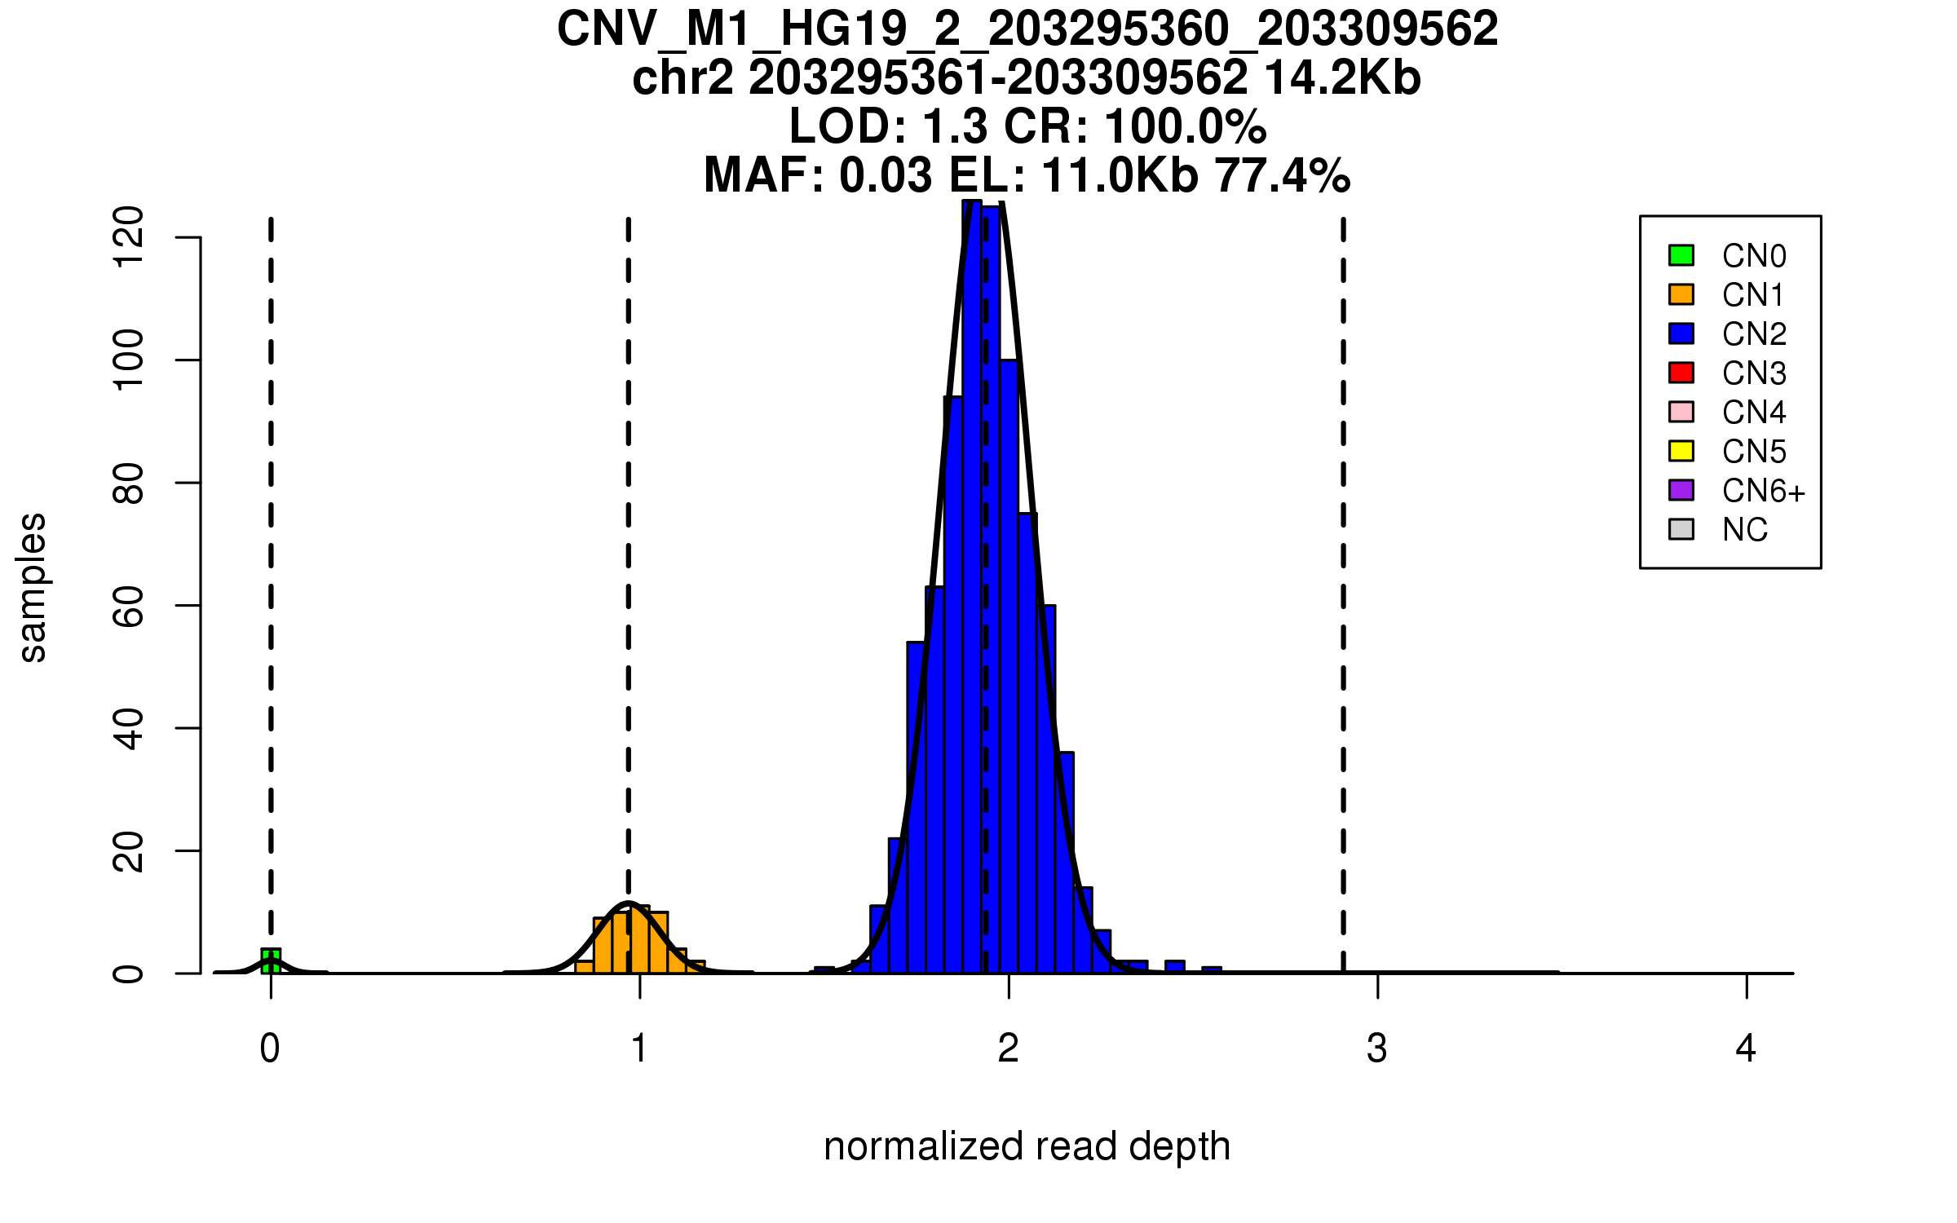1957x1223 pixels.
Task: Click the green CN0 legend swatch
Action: [1681, 255]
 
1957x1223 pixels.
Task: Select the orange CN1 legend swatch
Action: [1681, 294]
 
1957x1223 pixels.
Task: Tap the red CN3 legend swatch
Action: [1681, 373]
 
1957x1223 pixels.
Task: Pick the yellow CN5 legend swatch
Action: [1681, 451]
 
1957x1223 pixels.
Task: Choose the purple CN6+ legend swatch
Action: [1681, 490]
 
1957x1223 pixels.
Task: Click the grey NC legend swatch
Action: [1681, 529]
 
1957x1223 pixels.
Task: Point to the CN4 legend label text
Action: [1754, 413]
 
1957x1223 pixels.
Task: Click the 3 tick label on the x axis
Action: [1377, 1049]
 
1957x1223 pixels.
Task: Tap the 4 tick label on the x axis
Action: [1746, 1049]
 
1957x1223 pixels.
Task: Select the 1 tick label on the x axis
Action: [639, 1049]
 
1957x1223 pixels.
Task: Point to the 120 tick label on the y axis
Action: [129, 237]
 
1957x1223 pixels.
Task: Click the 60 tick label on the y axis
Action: [129, 605]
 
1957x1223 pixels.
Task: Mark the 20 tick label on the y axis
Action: [129, 850]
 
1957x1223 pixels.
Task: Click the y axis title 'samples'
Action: [33, 587]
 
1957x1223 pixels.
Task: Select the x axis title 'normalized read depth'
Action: [1027, 1146]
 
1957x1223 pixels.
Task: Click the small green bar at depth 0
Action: [271, 961]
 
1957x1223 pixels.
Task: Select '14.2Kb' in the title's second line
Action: [1342, 78]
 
